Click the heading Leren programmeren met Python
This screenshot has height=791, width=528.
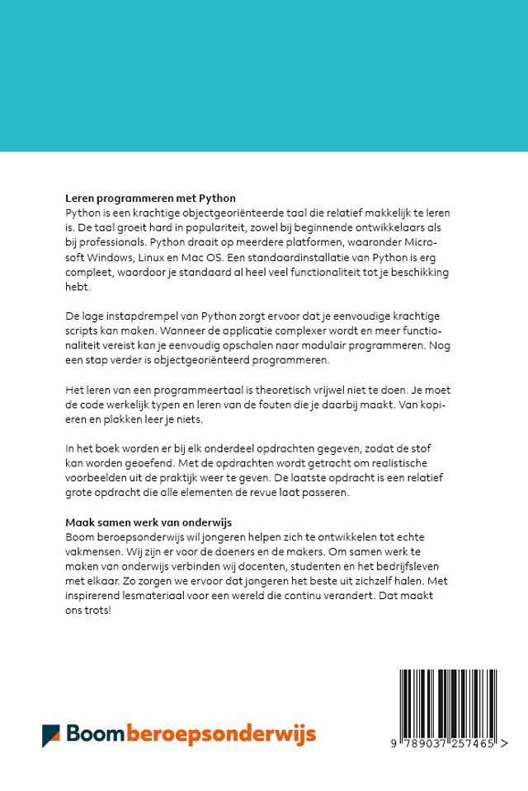click(150, 199)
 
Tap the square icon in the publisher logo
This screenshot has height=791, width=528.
click(51, 735)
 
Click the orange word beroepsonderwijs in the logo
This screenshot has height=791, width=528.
click(221, 734)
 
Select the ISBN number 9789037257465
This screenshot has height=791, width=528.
click(445, 743)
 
